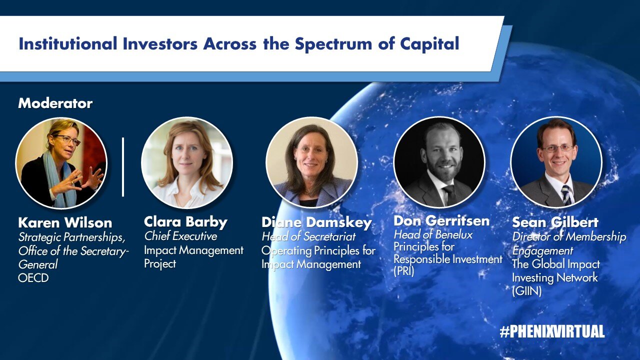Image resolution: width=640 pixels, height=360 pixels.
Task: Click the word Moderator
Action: coord(55,103)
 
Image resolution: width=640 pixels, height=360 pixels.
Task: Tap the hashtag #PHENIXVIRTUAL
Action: coord(552,331)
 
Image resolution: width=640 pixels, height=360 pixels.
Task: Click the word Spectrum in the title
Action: coord(333,44)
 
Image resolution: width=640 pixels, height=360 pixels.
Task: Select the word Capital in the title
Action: coord(429,44)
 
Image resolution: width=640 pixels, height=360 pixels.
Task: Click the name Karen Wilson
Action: coord(65,222)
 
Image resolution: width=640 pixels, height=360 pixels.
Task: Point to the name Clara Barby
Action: coord(185,222)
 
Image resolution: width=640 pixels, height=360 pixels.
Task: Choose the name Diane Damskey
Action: coord(316,223)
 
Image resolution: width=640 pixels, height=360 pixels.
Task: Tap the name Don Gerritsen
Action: coord(441,221)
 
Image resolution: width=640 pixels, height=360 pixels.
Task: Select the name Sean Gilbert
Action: coord(555,222)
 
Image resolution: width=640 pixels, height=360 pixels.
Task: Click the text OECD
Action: coord(33,277)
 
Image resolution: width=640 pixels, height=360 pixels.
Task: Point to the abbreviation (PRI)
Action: coord(403,271)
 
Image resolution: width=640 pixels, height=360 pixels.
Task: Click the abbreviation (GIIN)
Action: coord(526,291)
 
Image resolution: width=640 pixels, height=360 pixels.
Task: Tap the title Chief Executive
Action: coord(180,236)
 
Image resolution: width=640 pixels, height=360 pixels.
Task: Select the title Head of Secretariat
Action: coord(308,236)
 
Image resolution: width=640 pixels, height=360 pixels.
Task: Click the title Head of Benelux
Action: coord(433,235)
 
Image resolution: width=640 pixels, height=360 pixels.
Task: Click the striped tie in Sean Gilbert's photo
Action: coord(566,195)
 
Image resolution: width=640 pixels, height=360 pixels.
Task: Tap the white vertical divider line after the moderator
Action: coord(123,167)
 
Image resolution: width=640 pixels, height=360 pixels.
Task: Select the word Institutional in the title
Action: coord(68,44)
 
